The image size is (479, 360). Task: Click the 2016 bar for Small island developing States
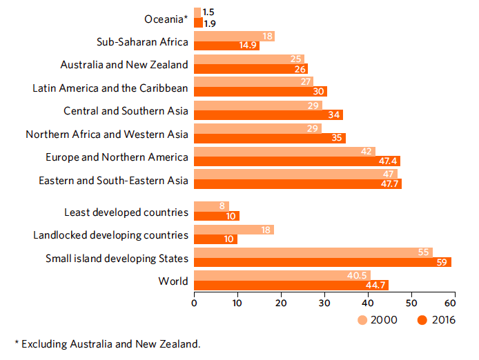[322, 262]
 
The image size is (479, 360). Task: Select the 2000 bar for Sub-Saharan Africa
[234, 37]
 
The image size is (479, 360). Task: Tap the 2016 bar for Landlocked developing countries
[215, 239]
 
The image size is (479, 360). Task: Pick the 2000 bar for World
[282, 275]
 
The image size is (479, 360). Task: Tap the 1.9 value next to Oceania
[209, 23]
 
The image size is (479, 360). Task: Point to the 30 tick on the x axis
[324, 301]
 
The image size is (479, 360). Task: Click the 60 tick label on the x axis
[454, 301]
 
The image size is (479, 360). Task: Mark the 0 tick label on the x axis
[195, 301]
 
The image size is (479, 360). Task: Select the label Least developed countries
[126, 212]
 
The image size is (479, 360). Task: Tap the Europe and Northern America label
[117, 157]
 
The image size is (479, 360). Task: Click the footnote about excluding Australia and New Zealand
[107, 343]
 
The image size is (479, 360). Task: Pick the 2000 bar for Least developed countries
[211, 206]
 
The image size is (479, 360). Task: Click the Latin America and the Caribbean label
[110, 88]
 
